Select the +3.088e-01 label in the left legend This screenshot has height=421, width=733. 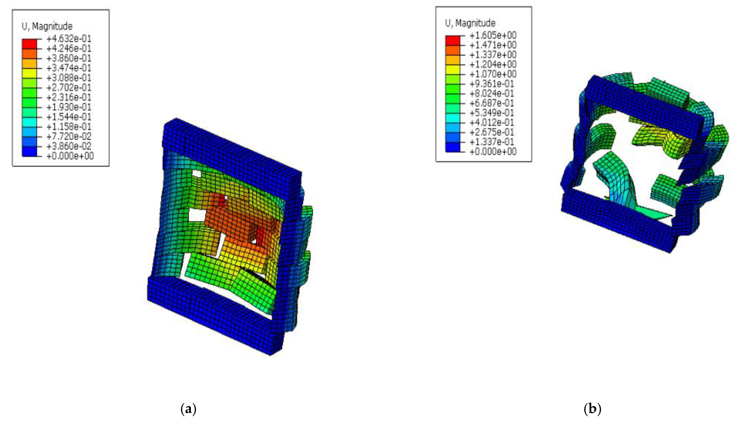[x=69, y=78]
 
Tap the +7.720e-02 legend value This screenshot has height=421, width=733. [x=69, y=136]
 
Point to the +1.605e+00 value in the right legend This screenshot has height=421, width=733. [x=493, y=35]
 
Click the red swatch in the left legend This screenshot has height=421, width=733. [x=30, y=44]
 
